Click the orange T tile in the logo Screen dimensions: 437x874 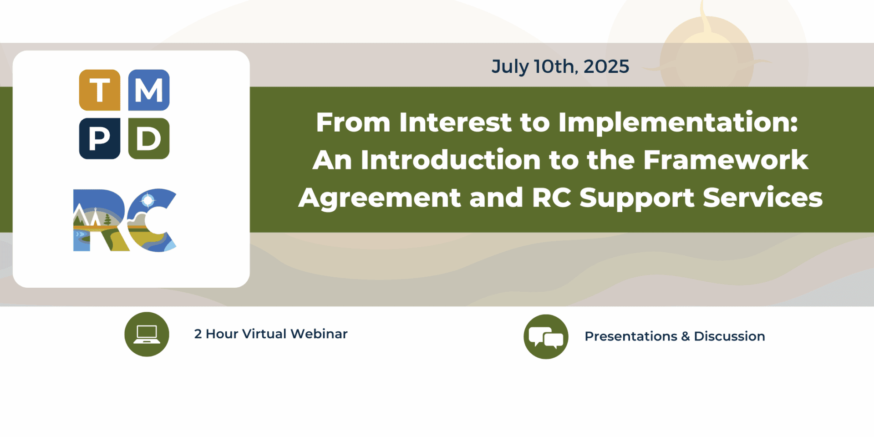(100, 90)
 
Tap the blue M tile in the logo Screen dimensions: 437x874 (149, 90)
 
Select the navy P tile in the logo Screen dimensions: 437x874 (100, 138)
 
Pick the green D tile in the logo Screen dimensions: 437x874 (149, 138)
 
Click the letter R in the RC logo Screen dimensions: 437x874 (98, 220)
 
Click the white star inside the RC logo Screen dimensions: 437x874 (148, 200)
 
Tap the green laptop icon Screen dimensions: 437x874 (147, 334)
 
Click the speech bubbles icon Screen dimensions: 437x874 (546, 337)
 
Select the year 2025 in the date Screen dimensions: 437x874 (606, 66)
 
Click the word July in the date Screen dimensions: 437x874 (510, 66)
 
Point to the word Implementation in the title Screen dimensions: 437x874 (678, 122)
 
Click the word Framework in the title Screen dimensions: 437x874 (726, 160)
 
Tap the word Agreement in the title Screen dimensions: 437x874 (380, 198)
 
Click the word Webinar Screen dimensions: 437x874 (319, 334)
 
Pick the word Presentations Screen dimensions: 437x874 (631, 336)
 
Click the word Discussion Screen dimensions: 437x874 (729, 336)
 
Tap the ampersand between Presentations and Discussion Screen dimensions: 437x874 (686, 336)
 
